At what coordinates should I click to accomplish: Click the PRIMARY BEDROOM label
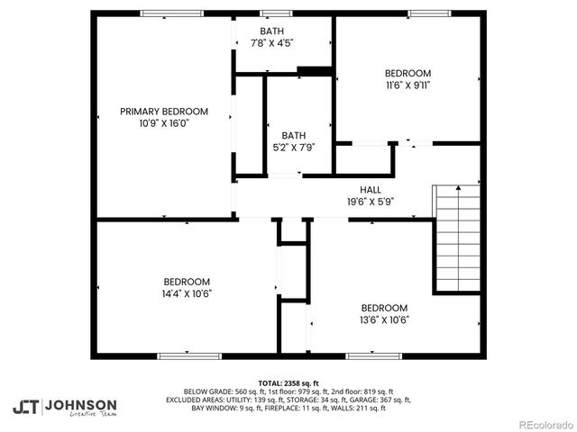click(x=164, y=112)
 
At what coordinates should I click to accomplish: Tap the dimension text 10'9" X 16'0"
click(x=164, y=123)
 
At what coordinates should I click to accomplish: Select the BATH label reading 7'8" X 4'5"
click(x=270, y=31)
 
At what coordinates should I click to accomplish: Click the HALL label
click(x=370, y=189)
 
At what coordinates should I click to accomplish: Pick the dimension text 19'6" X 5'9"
click(x=370, y=202)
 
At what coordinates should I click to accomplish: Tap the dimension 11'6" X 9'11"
click(x=408, y=85)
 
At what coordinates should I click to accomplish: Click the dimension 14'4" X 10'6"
click(x=187, y=292)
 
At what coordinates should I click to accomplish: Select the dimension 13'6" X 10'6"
click(x=384, y=319)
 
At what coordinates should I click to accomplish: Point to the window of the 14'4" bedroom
click(x=189, y=355)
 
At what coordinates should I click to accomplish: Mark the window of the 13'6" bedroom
click(x=373, y=355)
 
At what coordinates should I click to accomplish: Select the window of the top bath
click(x=270, y=13)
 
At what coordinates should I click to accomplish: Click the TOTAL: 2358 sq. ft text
click(x=288, y=382)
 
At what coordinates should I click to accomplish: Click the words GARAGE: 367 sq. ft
click(x=380, y=400)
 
